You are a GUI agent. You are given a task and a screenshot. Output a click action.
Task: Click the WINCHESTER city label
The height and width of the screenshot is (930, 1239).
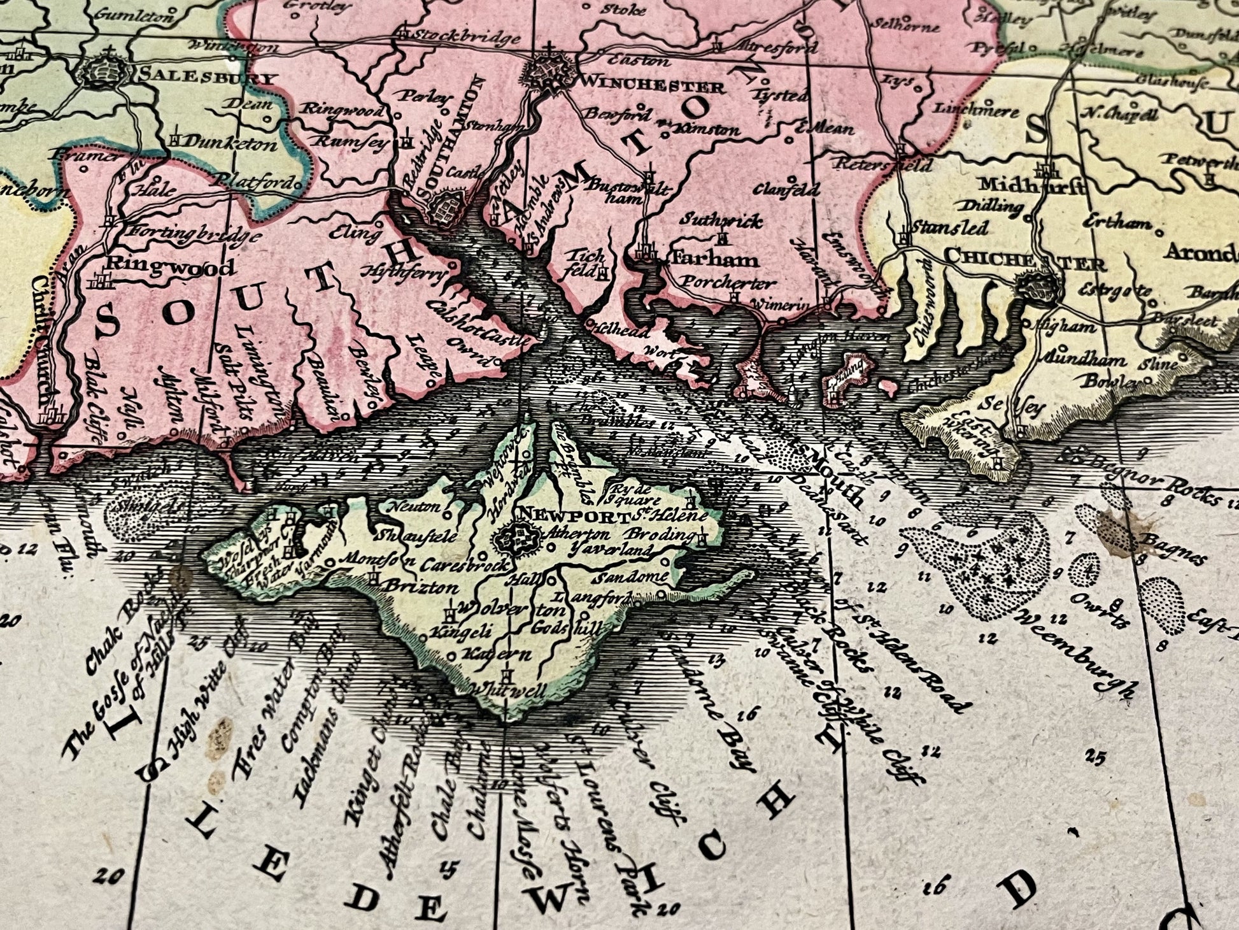(652, 86)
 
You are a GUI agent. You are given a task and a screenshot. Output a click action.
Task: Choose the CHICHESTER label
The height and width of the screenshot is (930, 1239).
(1024, 261)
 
